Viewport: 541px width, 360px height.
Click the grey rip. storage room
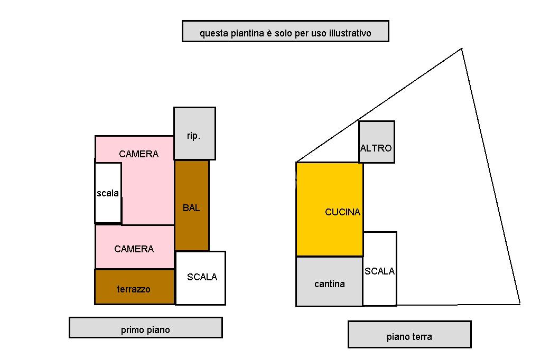(x=194, y=134)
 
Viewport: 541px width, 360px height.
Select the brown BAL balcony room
(x=192, y=205)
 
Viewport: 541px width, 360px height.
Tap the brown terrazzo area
(x=135, y=287)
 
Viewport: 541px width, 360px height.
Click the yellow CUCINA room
(x=330, y=210)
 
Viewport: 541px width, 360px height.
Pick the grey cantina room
(x=330, y=281)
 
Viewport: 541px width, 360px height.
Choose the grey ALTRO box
(x=376, y=141)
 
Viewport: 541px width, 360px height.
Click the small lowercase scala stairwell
(x=108, y=193)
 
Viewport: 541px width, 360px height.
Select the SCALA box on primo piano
(x=200, y=278)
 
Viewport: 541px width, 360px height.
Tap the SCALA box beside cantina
(x=380, y=269)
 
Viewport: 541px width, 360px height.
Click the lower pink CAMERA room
(x=135, y=247)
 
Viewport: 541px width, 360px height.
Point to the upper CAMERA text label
(x=139, y=154)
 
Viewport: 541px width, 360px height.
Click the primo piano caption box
(x=146, y=328)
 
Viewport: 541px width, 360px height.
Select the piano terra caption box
(x=409, y=335)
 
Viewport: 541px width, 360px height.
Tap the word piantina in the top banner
(x=246, y=33)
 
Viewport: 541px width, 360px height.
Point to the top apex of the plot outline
(x=462, y=49)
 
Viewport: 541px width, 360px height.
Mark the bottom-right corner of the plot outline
(x=520, y=304)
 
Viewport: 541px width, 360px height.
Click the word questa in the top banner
(x=214, y=34)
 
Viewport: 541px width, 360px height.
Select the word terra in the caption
(x=421, y=337)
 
